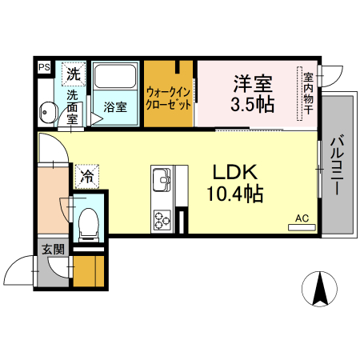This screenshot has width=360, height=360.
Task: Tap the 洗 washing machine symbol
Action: pyautogui.click(x=74, y=74)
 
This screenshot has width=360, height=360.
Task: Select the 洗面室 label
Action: pyautogui.click(x=74, y=106)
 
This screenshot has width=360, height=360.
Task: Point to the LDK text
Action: pyautogui.click(x=232, y=171)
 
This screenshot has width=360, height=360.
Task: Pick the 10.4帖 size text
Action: pyautogui.click(x=232, y=193)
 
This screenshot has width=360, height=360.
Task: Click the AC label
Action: pyautogui.click(x=302, y=218)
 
